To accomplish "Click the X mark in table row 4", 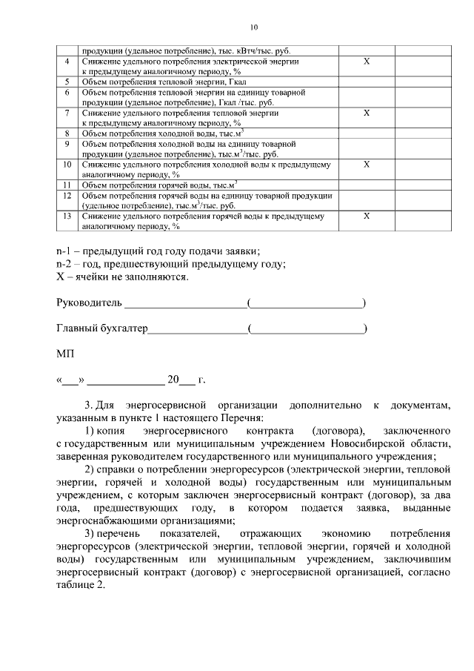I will pos(366,62).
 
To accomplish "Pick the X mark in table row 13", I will pos(366,216).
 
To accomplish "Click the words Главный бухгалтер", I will pos(102,328).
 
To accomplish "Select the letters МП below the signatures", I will pos(65,354).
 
